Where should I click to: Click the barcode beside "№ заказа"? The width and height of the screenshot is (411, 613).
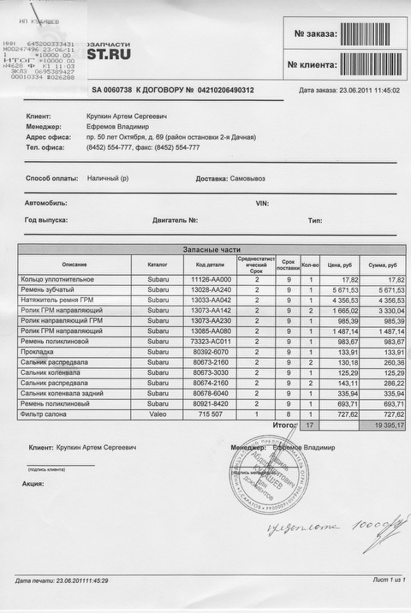(371, 34)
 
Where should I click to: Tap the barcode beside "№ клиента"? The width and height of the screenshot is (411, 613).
(371, 64)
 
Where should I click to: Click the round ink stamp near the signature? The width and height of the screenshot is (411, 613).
(271, 471)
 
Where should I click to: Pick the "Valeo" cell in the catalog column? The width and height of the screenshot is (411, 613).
(158, 414)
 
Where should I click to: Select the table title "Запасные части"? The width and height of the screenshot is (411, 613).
(211, 249)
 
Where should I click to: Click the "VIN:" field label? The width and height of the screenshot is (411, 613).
(263, 204)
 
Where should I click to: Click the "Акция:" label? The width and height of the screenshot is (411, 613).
(34, 484)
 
